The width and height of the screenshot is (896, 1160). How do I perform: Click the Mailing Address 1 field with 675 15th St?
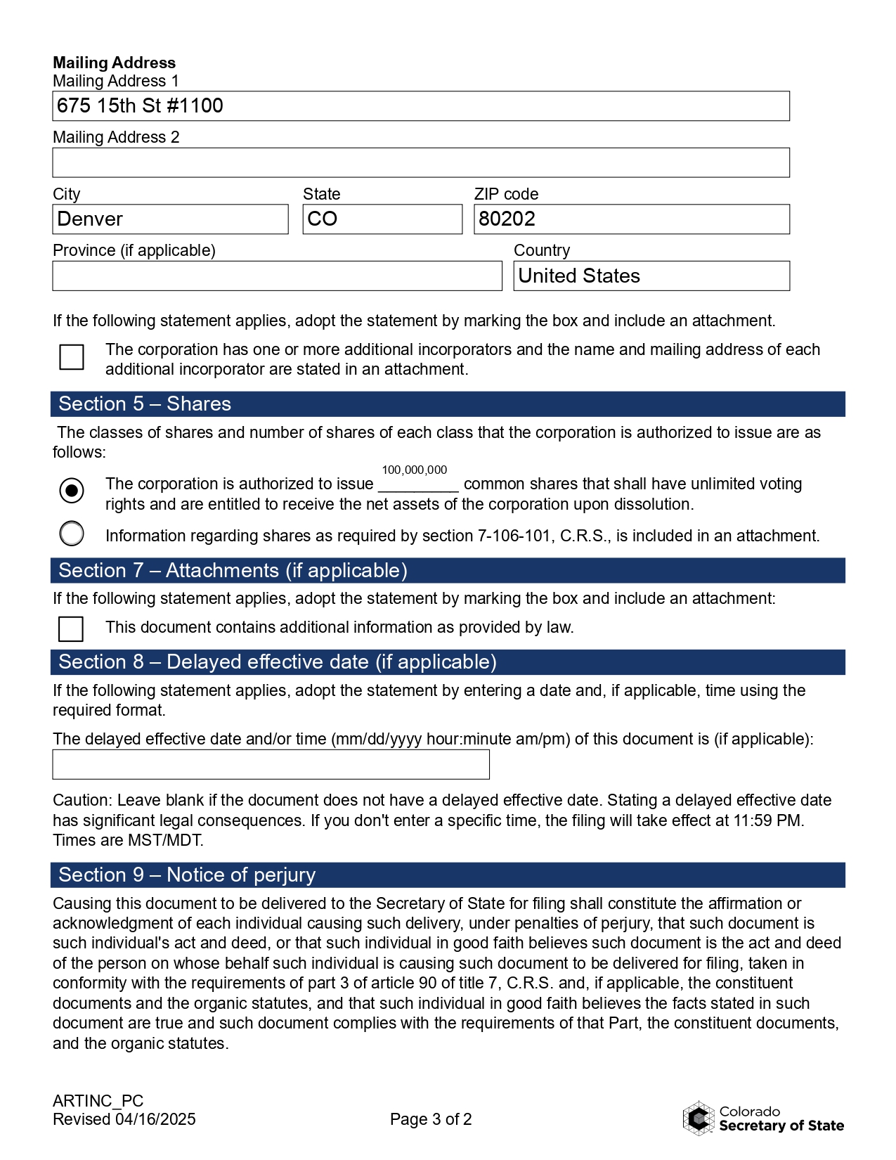tap(420, 106)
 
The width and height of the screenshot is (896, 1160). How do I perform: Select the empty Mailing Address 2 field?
tap(420, 162)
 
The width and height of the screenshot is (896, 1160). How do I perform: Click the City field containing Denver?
tap(170, 219)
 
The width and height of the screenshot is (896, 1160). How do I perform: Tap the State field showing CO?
tap(382, 219)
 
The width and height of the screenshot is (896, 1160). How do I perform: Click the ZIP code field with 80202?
tap(631, 219)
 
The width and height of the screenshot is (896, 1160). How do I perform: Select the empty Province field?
tap(277, 276)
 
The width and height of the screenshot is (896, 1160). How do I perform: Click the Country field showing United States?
tap(651, 276)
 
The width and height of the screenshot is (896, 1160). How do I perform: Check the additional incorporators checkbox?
tap(72, 357)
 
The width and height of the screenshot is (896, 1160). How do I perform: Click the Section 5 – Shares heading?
tap(145, 404)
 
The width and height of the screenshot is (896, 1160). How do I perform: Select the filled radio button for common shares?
tap(72, 490)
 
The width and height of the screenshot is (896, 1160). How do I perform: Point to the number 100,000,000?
tap(414, 470)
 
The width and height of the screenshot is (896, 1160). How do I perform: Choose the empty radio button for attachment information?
tap(72, 534)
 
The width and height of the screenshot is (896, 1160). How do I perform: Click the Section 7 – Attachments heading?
tap(233, 571)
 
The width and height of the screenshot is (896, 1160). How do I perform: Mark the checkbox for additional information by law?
tap(71, 629)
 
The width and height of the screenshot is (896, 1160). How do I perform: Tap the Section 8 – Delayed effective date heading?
tap(277, 662)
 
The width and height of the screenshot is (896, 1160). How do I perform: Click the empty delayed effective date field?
tap(271, 765)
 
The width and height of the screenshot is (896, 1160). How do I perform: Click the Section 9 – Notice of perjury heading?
tap(187, 875)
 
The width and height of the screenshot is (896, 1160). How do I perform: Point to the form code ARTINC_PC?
tap(98, 1101)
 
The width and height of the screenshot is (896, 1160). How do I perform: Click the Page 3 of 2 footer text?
tap(431, 1119)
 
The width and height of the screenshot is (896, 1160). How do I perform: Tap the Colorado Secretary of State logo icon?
tap(699, 1119)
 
